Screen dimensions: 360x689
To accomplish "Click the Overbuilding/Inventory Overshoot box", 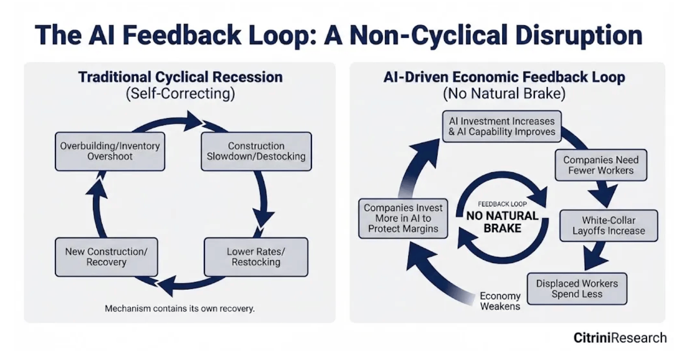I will coord(110,151).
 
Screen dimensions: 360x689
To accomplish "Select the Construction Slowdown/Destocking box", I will coord(256,151).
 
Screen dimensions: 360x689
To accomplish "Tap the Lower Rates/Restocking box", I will coord(256,257).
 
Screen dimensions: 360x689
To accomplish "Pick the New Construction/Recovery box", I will coord(107,257).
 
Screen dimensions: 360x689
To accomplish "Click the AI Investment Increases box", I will coord(502,126).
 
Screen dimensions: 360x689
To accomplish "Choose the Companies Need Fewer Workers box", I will coord(601,165).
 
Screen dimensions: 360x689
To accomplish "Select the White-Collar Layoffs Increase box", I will coord(608,225).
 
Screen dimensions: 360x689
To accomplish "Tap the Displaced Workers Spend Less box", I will coord(577,289).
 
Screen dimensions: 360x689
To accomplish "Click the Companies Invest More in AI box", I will coord(403,219).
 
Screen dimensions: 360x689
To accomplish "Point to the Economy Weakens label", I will coord(500,301).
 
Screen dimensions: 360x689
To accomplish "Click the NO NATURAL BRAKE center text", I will coord(502,222).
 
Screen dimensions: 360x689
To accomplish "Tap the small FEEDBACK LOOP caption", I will coord(502,204).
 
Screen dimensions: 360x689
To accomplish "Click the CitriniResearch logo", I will coord(620,338).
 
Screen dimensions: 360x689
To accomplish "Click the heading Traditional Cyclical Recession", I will coord(180,77).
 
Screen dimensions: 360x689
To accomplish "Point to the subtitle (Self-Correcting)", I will coord(180,95).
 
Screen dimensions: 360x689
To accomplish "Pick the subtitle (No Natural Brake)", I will coord(504,95).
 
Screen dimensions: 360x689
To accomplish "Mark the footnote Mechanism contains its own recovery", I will coord(180,309).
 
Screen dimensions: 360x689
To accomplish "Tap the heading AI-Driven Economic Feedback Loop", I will coord(504,77).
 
